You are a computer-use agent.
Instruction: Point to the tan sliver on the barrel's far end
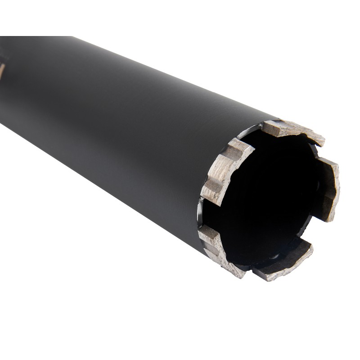click(x=2, y=70)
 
